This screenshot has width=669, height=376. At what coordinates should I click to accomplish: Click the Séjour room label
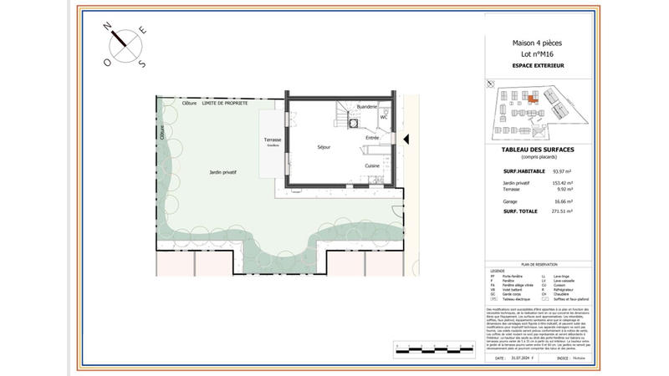coord(324,147)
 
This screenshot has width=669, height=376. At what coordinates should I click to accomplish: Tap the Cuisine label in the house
coord(372,165)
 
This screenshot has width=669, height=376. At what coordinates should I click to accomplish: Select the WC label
coord(383,118)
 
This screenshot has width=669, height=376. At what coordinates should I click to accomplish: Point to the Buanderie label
coord(367,107)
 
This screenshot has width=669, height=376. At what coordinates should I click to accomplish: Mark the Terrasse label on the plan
coord(273,140)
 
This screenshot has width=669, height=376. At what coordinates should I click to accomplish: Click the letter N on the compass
coord(107,27)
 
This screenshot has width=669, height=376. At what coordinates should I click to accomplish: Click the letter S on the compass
coord(141,64)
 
